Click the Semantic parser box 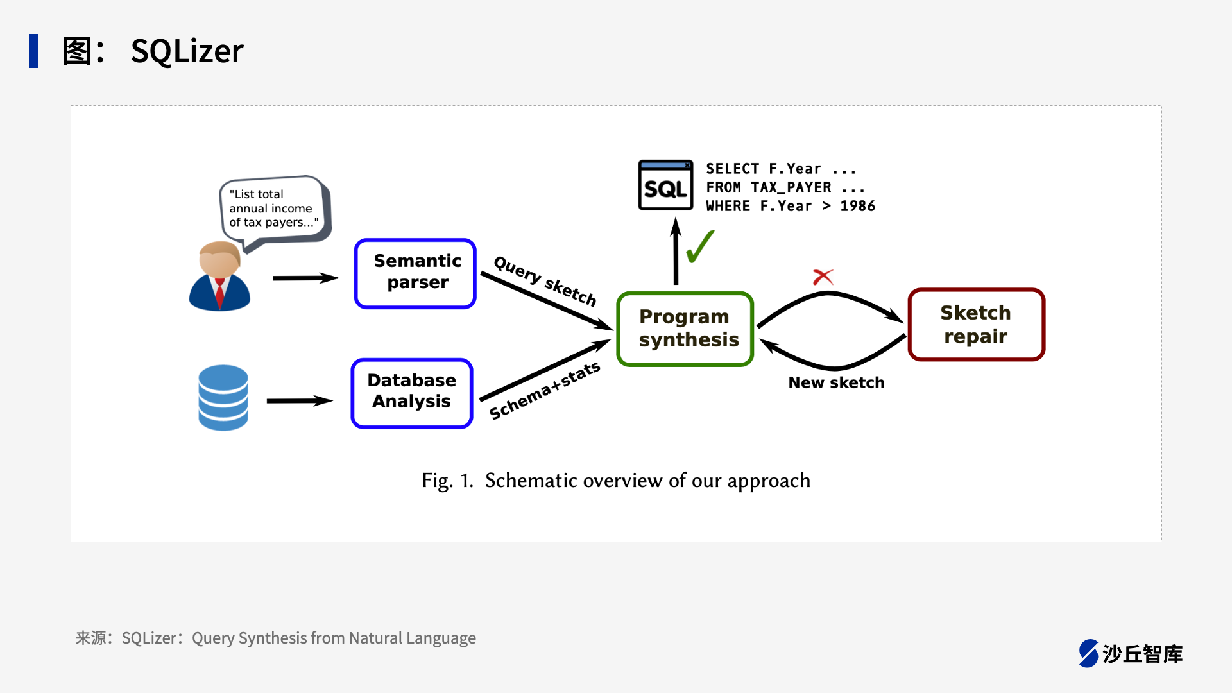[x=415, y=273]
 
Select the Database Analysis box [x=412, y=393]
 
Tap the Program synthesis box [x=685, y=329]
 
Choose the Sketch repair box [x=976, y=324]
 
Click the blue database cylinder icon [x=223, y=397]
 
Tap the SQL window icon [x=665, y=185]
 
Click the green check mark [x=700, y=247]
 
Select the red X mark [x=823, y=277]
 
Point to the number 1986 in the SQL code [x=857, y=206]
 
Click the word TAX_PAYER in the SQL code [x=791, y=187]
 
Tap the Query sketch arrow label [x=545, y=280]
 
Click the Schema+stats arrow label [x=545, y=390]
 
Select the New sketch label [x=836, y=382]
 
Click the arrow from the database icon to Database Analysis [x=299, y=401]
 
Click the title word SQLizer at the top [x=187, y=51]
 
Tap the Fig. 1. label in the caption [x=447, y=481]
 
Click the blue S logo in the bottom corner [x=1088, y=653]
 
